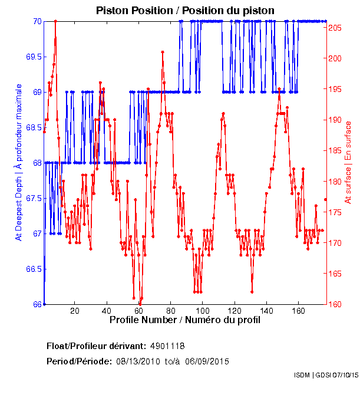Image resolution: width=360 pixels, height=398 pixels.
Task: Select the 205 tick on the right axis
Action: point(334,28)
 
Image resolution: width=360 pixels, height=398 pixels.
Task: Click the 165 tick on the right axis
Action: point(334,274)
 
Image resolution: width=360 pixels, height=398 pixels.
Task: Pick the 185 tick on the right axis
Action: point(334,151)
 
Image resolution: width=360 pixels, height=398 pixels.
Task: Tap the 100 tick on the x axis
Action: point(203,311)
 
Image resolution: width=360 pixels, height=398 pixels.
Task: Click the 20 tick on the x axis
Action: point(75,311)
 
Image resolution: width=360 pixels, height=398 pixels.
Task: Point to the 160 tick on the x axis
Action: point(299,311)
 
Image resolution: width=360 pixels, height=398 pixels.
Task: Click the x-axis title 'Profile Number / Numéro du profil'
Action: point(184,321)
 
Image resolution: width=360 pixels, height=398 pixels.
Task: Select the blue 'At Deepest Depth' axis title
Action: point(18,162)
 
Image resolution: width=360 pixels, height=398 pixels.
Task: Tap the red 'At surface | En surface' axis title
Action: point(348,163)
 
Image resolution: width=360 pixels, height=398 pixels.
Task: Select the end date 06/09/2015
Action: point(207,361)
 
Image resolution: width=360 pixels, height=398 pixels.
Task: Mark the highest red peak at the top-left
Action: point(55,21)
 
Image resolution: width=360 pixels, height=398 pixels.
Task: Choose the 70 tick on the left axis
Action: point(37,21)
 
